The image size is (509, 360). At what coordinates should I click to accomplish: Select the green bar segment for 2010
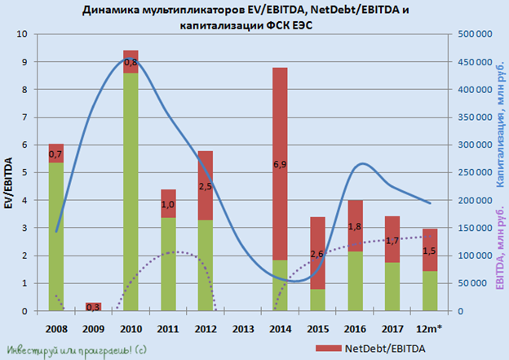[131, 192]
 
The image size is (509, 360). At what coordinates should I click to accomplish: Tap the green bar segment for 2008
[56, 237]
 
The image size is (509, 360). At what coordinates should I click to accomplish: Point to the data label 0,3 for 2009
[93, 306]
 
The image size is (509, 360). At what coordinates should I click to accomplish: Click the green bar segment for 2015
[316, 300]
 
